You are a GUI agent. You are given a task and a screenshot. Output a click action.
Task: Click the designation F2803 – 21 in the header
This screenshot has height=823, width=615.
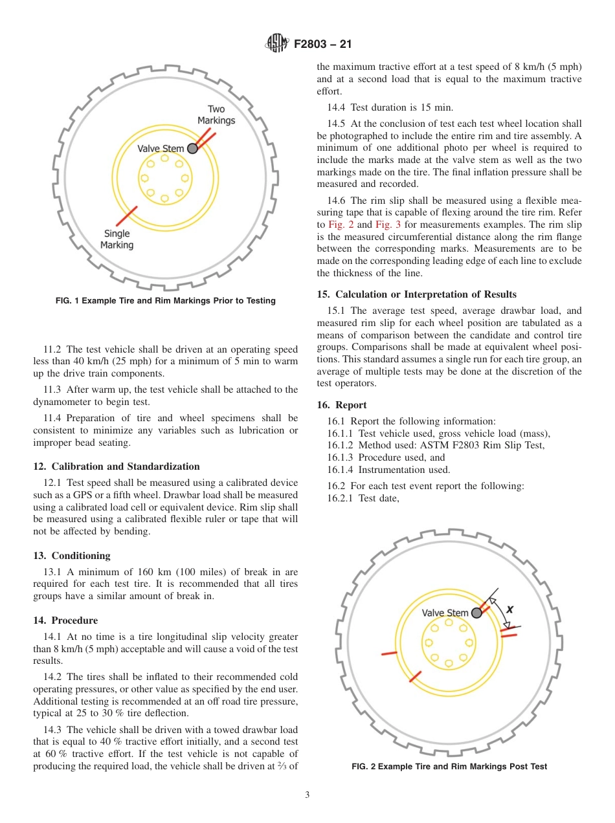tap(322, 45)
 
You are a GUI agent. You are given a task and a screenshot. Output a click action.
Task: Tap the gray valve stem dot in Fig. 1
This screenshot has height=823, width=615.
tap(192, 149)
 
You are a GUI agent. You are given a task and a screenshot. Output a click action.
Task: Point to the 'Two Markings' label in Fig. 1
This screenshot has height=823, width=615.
tap(216, 115)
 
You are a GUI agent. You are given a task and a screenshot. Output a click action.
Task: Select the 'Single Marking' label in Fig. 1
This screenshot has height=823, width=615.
tap(117, 239)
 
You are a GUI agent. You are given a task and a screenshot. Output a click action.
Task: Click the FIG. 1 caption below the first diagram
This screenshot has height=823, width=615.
tap(165, 300)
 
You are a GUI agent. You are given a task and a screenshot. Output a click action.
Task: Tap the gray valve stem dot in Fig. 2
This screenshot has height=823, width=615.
tap(476, 613)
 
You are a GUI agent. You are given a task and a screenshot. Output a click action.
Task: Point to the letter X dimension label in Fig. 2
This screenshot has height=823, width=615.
tap(510, 609)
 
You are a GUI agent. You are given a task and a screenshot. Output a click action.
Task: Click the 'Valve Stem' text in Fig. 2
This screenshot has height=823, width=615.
tap(445, 613)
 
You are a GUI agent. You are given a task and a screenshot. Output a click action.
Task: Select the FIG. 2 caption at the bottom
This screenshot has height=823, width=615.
tap(449, 766)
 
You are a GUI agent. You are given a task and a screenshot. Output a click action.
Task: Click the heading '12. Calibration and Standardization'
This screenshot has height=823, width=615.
tap(117, 466)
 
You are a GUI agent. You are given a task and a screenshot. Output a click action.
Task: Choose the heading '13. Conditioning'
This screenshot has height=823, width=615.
tap(72, 556)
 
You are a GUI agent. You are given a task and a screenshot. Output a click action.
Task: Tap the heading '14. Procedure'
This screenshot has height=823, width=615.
tap(65, 620)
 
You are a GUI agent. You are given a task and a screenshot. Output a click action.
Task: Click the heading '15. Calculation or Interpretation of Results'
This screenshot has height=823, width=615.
tap(416, 294)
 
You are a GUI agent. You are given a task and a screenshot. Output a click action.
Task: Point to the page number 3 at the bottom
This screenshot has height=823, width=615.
tap(307, 795)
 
